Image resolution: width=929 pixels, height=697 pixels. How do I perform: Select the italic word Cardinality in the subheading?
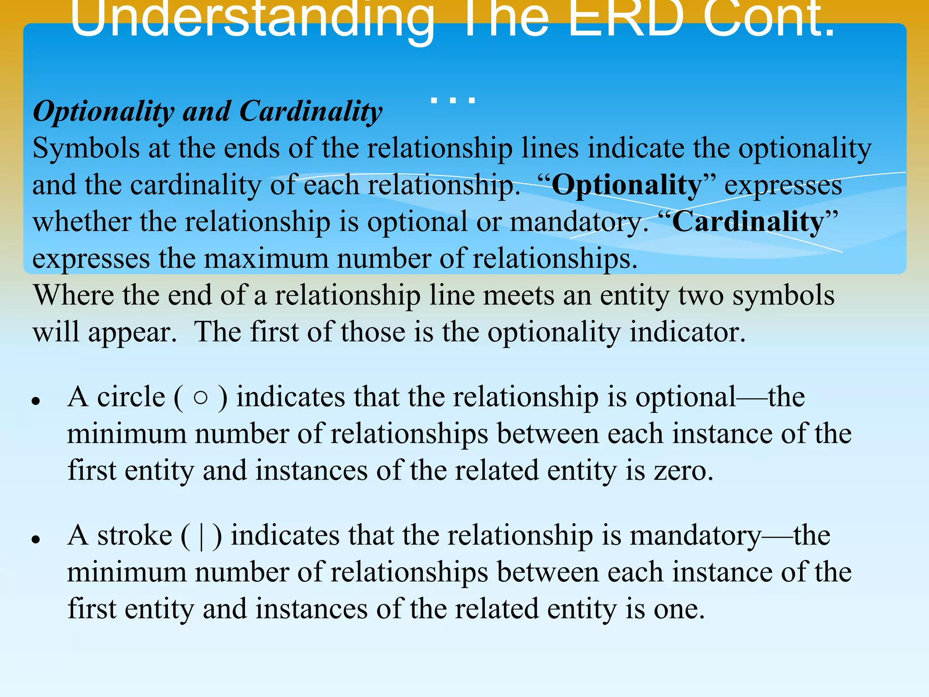coord(311,111)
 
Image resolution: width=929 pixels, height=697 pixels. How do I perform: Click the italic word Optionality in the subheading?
coord(103,112)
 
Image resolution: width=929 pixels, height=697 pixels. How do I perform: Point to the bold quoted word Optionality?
coord(626,186)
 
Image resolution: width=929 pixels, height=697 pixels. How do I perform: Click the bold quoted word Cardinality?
coord(748,222)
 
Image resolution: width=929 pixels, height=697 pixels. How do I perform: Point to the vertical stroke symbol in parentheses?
coord(201,536)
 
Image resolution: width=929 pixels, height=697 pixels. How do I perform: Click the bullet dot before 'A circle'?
coord(36,401)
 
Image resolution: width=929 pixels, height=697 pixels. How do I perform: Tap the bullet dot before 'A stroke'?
coord(36,539)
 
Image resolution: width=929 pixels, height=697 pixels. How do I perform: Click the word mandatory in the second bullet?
coord(695,536)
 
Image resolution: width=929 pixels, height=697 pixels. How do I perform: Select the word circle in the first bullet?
coord(131,397)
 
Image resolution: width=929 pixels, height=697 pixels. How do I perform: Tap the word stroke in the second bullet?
coord(134,535)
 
